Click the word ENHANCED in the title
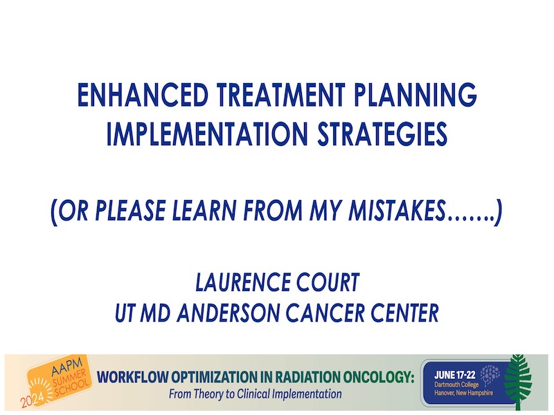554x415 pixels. click(143, 95)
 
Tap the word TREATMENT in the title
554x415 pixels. click(281, 95)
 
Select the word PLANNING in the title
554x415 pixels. click(415, 95)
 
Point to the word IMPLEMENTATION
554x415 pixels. click(207, 133)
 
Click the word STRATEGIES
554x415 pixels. click(383, 133)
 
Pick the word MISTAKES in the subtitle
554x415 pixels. click(397, 211)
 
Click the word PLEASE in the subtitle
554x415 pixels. click(130, 211)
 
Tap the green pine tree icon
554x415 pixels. click(517, 382)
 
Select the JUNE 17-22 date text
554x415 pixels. click(455, 375)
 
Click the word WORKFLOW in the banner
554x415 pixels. click(133, 377)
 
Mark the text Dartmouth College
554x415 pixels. click(456, 385)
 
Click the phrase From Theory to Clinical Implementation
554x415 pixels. click(255, 394)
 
